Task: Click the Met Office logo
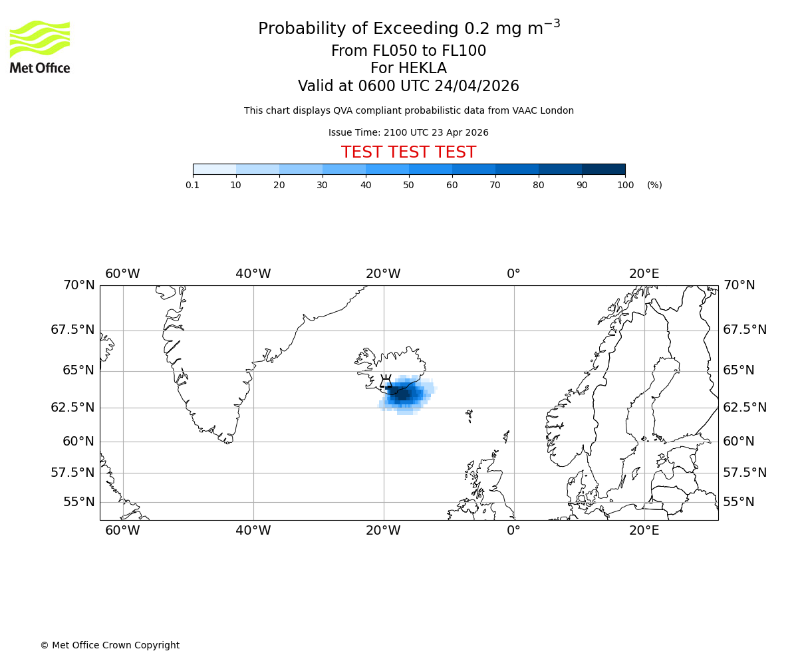coord(40,47)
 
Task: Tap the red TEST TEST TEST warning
coord(408,153)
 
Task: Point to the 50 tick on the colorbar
coord(409,185)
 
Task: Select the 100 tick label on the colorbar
coord(625,185)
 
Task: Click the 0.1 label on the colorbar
coord(193,185)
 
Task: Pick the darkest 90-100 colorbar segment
coord(603,169)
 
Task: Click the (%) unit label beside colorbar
coord(654,185)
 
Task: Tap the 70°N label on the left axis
coord(79,285)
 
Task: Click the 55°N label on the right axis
coord(739,502)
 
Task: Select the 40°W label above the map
coord(253,274)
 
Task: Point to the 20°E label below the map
coord(644,531)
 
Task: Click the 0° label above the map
coord(513,274)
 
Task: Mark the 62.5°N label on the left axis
coord(73,408)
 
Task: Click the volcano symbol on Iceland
coord(386,382)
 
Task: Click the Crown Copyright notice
coord(110,645)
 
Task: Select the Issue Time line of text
coord(408,132)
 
